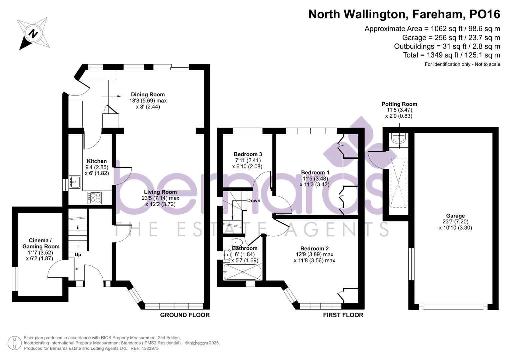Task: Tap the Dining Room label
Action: [x=148, y=95]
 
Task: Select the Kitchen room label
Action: [x=97, y=161]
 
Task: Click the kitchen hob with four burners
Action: [x=95, y=197]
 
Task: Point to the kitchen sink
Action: [x=74, y=182]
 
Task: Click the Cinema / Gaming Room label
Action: [x=41, y=244]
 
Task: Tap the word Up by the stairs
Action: [x=78, y=255]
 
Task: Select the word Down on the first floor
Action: [x=254, y=201]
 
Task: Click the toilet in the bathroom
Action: [x=236, y=242]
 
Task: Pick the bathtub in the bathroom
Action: [x=242, y=272]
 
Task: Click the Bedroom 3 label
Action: [x=248, y=154]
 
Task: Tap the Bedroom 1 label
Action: [x=315, y=173]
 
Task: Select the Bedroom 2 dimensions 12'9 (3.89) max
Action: [x=314, y=254]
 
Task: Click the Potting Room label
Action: [x=399, y=104]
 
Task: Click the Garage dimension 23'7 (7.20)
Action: [x=455, y=222]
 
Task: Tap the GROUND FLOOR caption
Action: [x=185, y=315]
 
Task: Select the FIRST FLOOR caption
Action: [x=343, y=315]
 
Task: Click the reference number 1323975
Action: [x=149, y=348]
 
